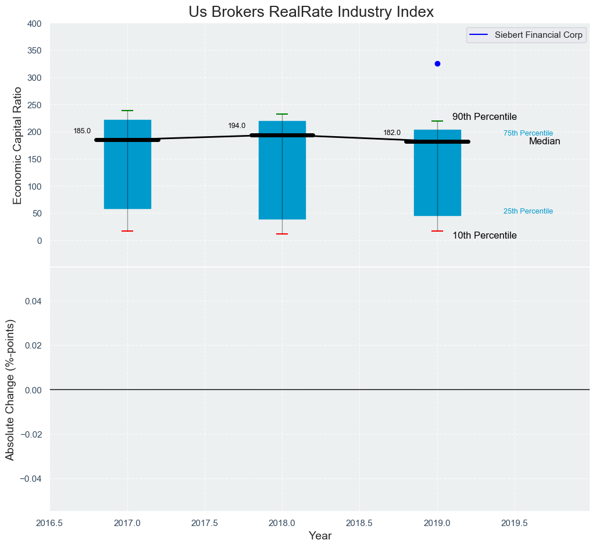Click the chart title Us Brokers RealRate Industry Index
(311, 12)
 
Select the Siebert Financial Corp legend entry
(538, 35)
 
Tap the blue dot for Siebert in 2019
(437, 63)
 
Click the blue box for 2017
(127, 175)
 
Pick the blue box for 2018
(282, 180)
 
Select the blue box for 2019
(437, 180)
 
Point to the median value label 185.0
(82, 131)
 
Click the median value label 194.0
(237, 126)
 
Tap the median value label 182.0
(392, 133)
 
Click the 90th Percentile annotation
(484, 117)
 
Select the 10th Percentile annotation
(484, 236)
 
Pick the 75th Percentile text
(528, 133)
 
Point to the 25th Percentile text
(528, 211)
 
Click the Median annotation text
(544, 141)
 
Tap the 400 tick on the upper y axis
(34, 24)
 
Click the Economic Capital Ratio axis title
(17, 145)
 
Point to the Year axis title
(320, 536)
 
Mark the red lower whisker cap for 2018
(282, 234)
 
